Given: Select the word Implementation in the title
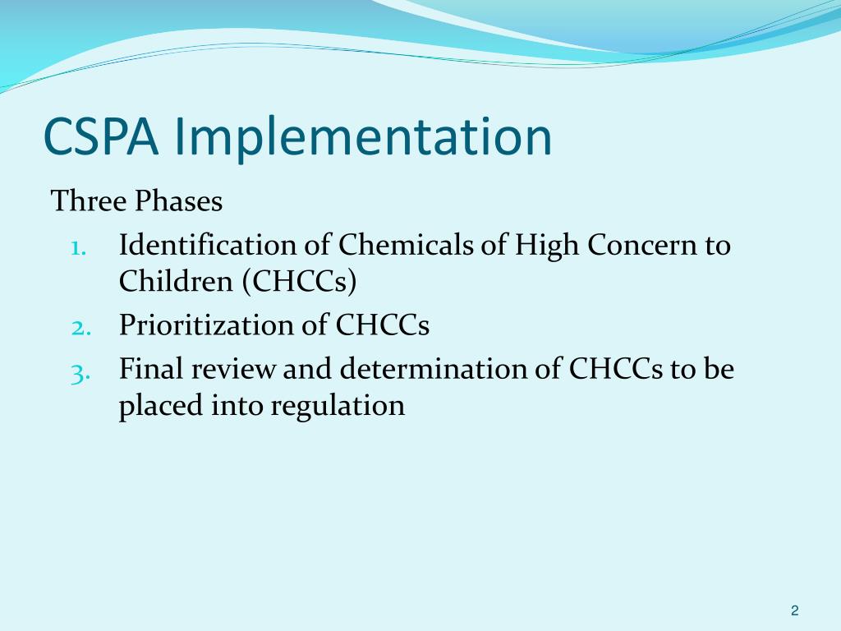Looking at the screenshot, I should tap(363, 137).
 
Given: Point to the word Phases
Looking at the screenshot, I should tap(179, 201).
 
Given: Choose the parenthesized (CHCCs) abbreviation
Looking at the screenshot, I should tap(299, 282).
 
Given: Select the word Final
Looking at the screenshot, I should tap(153, 370).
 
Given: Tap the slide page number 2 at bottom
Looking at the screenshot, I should tap(794, 610).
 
